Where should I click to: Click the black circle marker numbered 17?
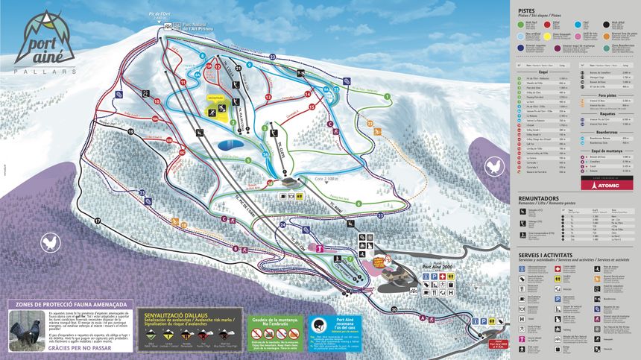tap(97, 221)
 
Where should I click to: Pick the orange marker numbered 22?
tap(370, 124)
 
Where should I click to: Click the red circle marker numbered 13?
tap(268, 97)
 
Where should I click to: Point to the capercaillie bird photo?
tap(25, 329)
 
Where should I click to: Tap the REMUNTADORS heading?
tap(540, 198)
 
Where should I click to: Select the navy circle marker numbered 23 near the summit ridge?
tap(273, 57)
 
